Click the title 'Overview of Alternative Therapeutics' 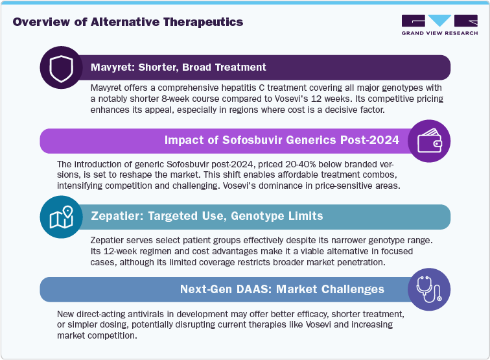click(128, 22)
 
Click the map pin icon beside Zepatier click(62, 217)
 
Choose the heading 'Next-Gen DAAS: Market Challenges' click(282, 289)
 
